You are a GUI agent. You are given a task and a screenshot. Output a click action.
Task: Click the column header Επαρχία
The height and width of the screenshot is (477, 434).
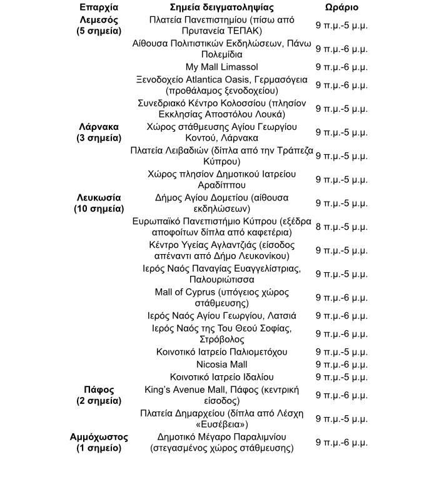coord(98,8)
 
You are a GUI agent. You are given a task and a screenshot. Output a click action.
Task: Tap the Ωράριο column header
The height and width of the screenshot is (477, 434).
coord(341,8)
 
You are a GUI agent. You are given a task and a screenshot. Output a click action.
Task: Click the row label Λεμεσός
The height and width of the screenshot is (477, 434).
coord(98,20)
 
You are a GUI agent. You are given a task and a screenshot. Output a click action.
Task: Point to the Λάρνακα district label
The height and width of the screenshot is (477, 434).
coord(98,127)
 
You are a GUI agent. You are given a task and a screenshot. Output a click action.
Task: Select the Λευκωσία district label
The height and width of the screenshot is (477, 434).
coord(98,197)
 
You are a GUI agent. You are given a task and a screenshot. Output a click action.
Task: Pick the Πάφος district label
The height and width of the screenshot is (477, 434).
coord(98,390)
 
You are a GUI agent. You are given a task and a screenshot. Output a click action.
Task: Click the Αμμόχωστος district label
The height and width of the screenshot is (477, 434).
coord(98,437)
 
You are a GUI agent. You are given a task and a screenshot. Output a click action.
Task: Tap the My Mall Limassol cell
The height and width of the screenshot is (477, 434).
coord(221,67)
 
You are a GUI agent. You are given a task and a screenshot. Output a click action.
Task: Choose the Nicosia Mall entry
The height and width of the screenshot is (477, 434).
coord(221,365)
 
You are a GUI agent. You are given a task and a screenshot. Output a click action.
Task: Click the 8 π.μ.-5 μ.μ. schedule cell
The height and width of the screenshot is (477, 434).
coord(341,227)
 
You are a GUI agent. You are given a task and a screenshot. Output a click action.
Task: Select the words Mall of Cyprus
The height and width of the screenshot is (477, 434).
coord(185,292)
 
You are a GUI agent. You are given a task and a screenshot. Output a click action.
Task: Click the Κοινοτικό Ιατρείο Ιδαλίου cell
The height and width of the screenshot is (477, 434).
coord(221,377)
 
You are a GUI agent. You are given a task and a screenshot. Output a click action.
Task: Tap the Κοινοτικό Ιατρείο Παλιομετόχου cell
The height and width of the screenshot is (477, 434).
coord(221,352)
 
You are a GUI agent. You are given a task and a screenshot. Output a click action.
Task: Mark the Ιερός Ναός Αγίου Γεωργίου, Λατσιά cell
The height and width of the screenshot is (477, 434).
coord(221,316)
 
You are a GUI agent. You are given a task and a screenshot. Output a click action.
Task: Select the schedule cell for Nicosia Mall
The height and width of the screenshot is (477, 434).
coord(341,365)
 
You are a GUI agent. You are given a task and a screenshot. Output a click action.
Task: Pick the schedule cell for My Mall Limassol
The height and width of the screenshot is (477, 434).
coord(341,67)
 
